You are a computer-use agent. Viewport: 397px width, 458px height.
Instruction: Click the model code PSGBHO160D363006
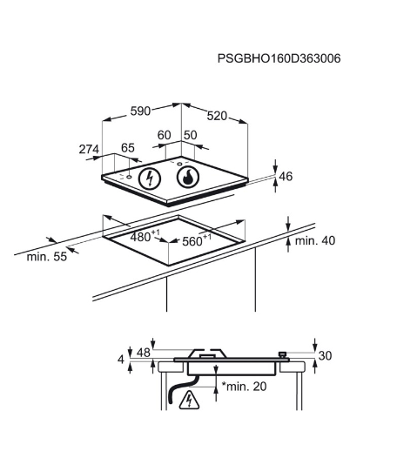(279, 58)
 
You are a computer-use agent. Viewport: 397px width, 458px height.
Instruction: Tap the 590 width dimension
(140, 111)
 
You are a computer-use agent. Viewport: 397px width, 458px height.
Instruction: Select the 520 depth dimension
(217, 117)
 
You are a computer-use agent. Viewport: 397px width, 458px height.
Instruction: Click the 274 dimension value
(89, 149)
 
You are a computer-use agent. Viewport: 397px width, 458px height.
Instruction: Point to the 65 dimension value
(128, 148)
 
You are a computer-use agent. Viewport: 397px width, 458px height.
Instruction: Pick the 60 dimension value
(164, 135)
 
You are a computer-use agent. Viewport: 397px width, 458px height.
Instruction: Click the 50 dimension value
(191, 135)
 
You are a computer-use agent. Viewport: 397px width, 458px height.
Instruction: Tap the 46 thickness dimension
(286, 177)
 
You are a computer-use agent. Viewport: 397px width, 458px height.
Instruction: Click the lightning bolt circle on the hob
(150, 178)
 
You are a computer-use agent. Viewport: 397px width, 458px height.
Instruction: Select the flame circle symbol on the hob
(188, 177)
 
